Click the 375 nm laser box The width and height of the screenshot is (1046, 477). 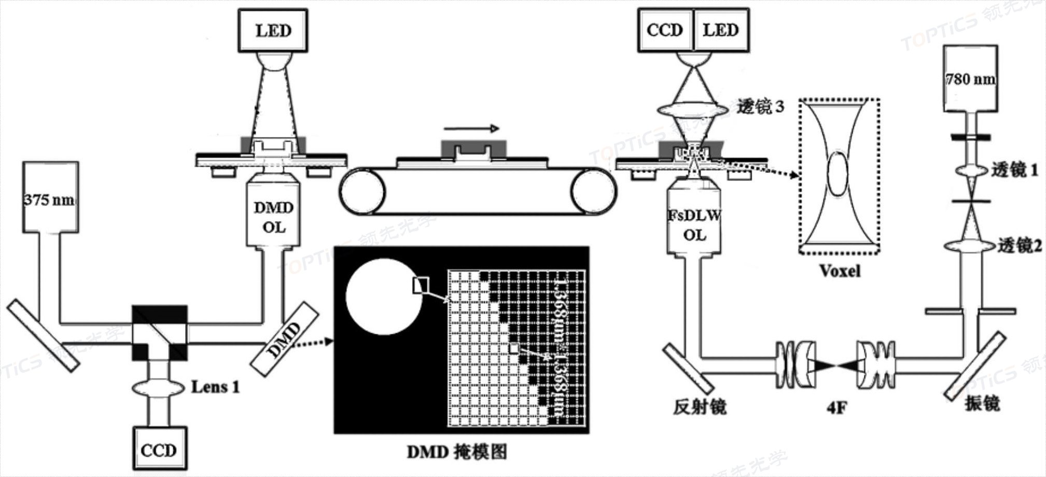50,197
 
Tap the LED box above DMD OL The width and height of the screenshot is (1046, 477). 273,30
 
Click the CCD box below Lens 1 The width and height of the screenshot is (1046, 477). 159,449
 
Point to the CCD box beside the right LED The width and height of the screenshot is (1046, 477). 665,30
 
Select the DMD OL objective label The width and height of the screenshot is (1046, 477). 273,217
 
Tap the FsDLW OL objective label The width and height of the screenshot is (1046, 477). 694,225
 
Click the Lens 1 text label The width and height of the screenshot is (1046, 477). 215,387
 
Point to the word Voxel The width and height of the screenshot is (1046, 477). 839,270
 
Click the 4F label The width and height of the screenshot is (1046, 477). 836,408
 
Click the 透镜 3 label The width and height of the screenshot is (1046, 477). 760,107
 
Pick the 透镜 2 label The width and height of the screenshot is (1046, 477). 1019,246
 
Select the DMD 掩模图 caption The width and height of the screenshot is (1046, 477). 456,452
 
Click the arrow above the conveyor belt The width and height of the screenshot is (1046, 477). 471,128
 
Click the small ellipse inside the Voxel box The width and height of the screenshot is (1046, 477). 838,173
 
